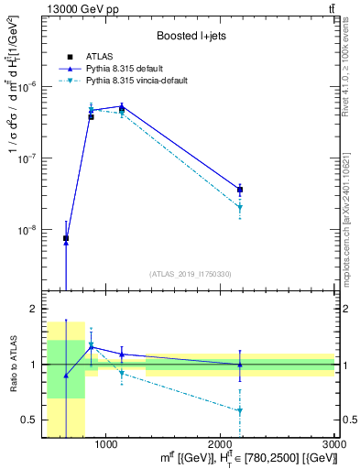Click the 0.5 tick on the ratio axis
29,420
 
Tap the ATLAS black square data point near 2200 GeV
240,190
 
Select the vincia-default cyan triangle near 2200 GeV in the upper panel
240,208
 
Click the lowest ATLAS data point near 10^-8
66,238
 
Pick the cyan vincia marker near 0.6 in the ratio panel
240,410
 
